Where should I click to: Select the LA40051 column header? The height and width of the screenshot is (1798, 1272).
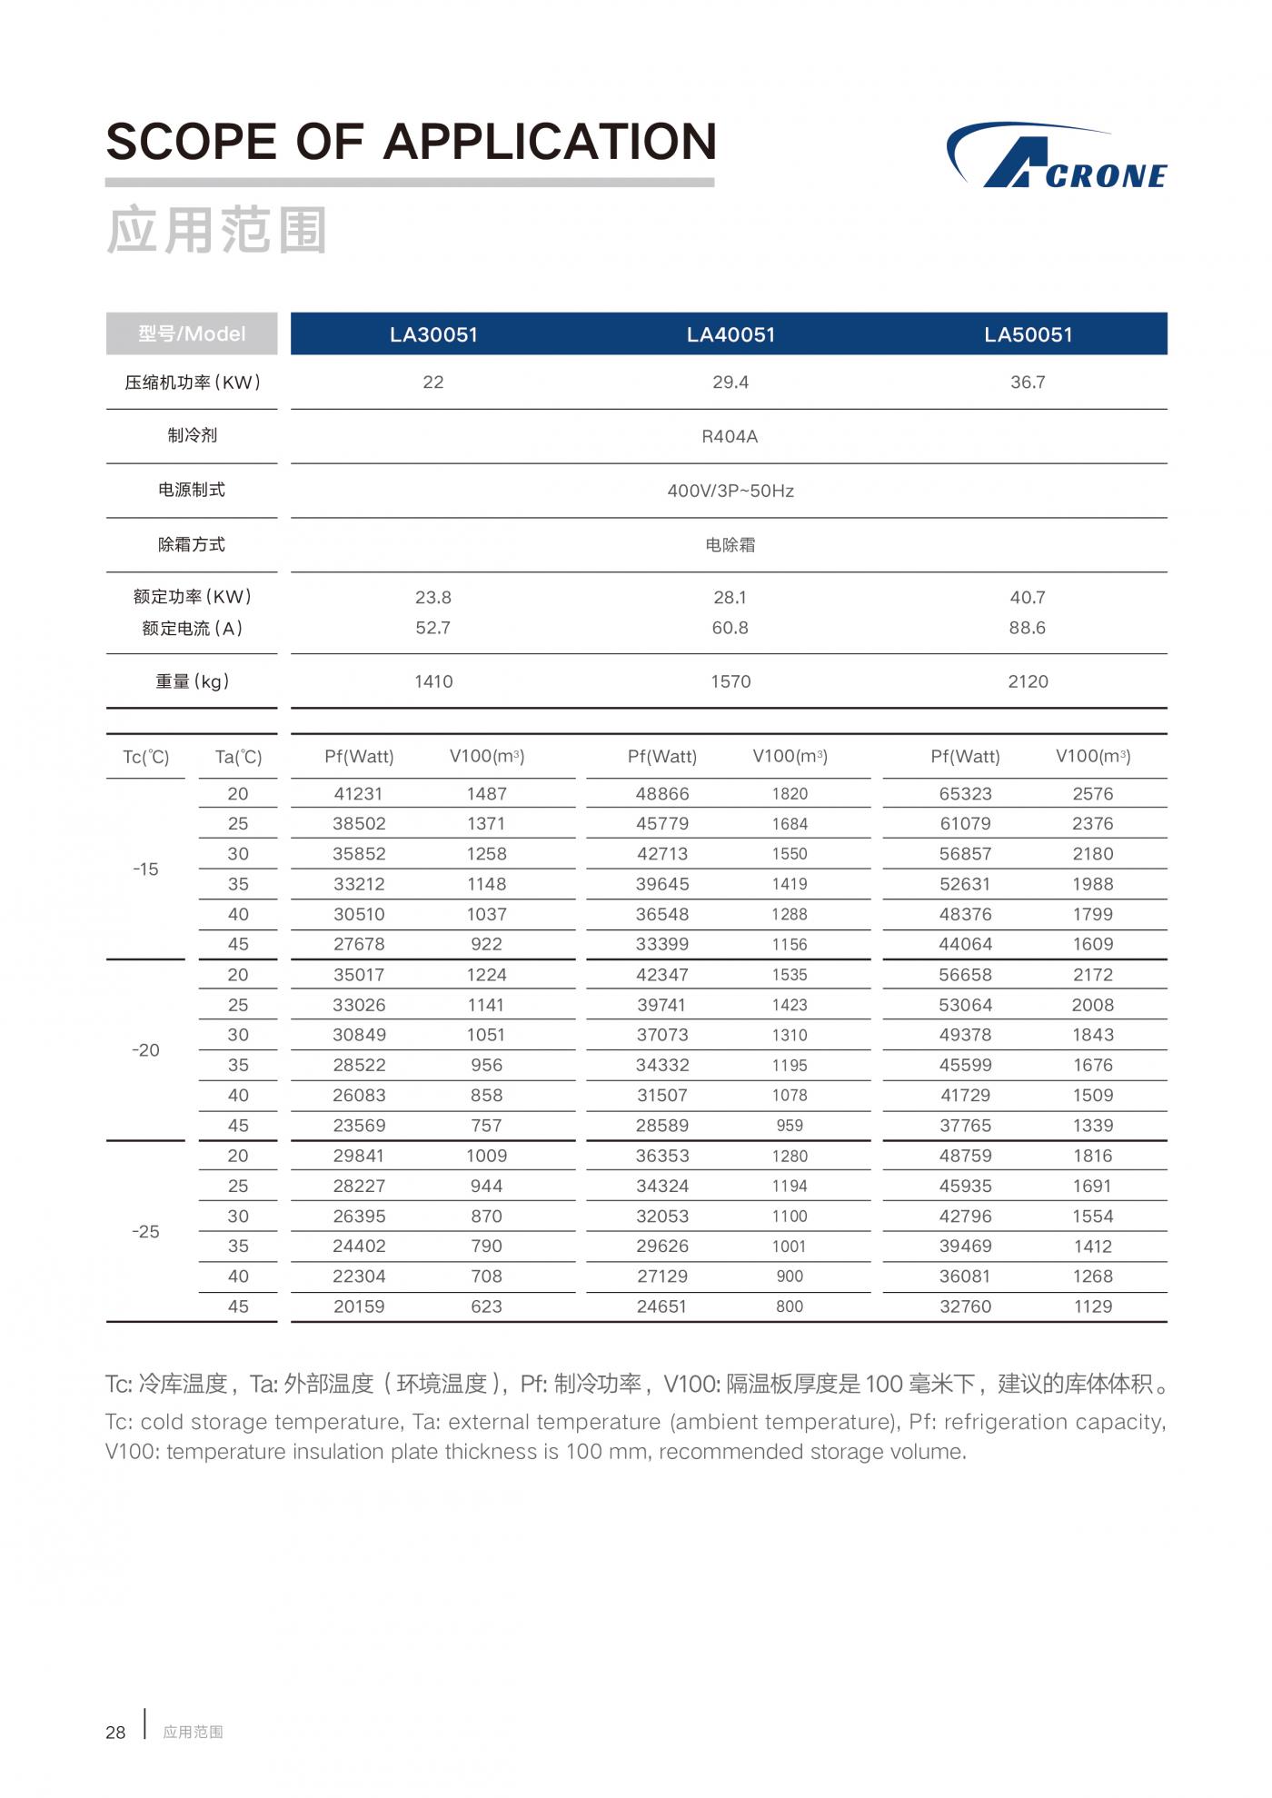[730, 334]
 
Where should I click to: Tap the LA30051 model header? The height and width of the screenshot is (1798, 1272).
[433, 334]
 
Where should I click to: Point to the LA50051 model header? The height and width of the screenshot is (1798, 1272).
[1028, 334]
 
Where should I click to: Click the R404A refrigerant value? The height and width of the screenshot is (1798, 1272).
[730, 436]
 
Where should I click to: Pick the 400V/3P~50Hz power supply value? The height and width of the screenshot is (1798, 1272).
[730, 491]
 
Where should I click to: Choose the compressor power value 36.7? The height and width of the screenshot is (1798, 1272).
[1028, 382]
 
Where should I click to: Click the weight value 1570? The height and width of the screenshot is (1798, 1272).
[730, 681]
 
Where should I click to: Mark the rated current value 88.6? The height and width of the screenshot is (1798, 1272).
[1027, 628]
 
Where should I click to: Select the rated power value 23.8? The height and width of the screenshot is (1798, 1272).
[433, 597]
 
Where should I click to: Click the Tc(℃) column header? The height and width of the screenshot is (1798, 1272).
[146, 757]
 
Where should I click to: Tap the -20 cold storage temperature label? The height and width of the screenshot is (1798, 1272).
[145, 1050]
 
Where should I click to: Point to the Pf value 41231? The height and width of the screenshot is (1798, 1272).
[359, 793]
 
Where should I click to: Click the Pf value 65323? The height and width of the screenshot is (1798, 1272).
[965, 793]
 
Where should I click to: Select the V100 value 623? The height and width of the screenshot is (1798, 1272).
[486, 1306]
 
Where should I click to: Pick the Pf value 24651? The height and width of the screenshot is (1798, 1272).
[661, 1306]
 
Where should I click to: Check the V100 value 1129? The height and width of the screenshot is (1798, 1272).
[1092, 1306]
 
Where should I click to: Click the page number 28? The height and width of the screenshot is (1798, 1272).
[115, 1733]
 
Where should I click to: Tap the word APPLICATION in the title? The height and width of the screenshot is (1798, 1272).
[550, 142]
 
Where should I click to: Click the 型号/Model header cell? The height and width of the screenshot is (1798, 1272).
[192, 334]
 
